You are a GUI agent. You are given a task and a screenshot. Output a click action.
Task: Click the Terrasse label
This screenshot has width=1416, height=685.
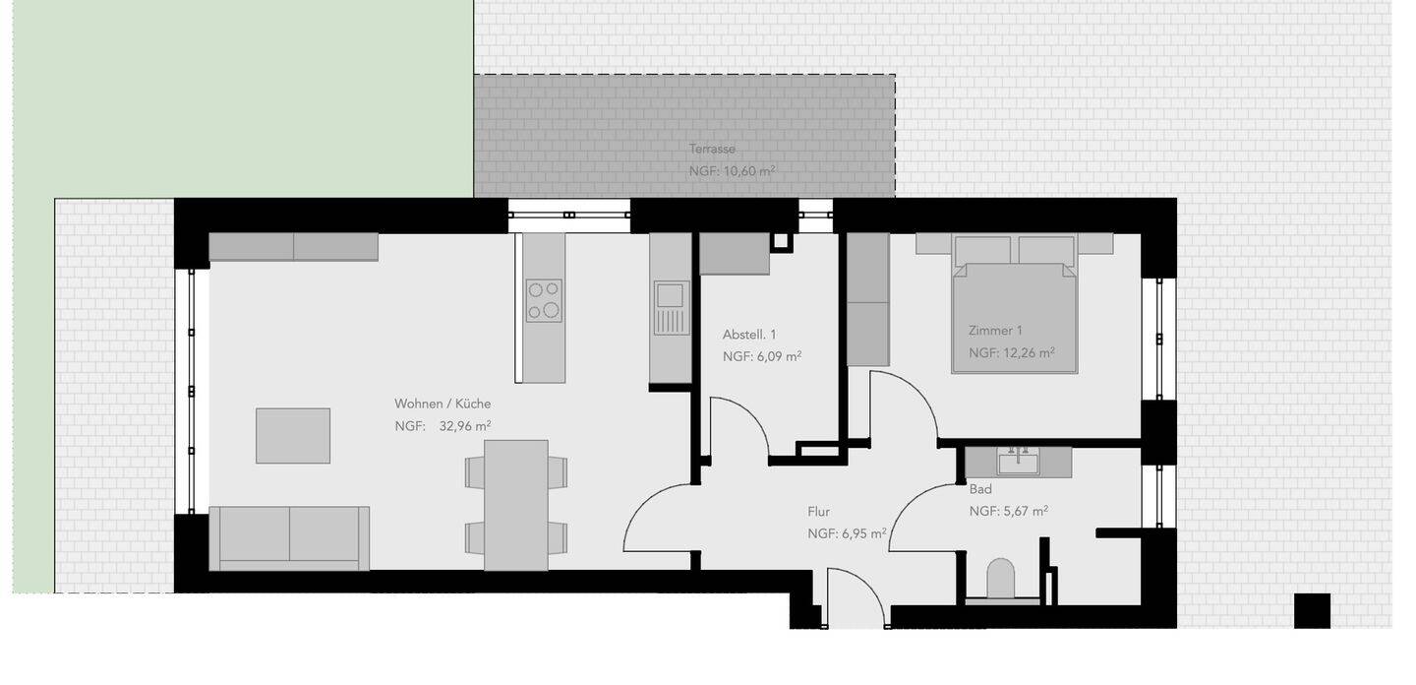pos(712,150)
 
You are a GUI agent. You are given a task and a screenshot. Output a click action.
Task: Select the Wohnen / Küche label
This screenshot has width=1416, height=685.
pos(442,404)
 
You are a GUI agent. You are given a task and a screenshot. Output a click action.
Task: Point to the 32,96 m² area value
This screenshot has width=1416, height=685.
pos(465,426)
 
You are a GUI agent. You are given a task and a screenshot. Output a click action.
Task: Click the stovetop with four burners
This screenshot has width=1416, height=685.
pos(544,301)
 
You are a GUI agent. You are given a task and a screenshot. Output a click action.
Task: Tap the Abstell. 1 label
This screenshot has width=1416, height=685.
pos(749,335)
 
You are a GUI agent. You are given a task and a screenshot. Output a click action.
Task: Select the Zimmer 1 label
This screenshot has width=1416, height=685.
pos(995,331)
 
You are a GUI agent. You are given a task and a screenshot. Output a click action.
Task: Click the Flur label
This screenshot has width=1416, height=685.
pos(818,512)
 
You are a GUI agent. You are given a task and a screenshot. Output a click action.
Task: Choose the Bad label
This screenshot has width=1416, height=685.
pos(980,489)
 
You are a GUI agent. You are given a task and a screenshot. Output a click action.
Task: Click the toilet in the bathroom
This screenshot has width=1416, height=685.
pos(1000,579)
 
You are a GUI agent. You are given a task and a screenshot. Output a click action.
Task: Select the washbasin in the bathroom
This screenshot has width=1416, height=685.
pos(1018,461)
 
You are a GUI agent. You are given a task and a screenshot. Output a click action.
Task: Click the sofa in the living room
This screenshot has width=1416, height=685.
pos(289,537)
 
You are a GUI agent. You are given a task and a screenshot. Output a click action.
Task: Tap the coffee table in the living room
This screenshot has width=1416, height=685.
pos(293,435)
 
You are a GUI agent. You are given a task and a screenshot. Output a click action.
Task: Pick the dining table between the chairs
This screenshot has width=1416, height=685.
pos(516,504)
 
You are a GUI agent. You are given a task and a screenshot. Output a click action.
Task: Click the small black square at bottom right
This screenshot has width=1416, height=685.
pos(1312,610)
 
